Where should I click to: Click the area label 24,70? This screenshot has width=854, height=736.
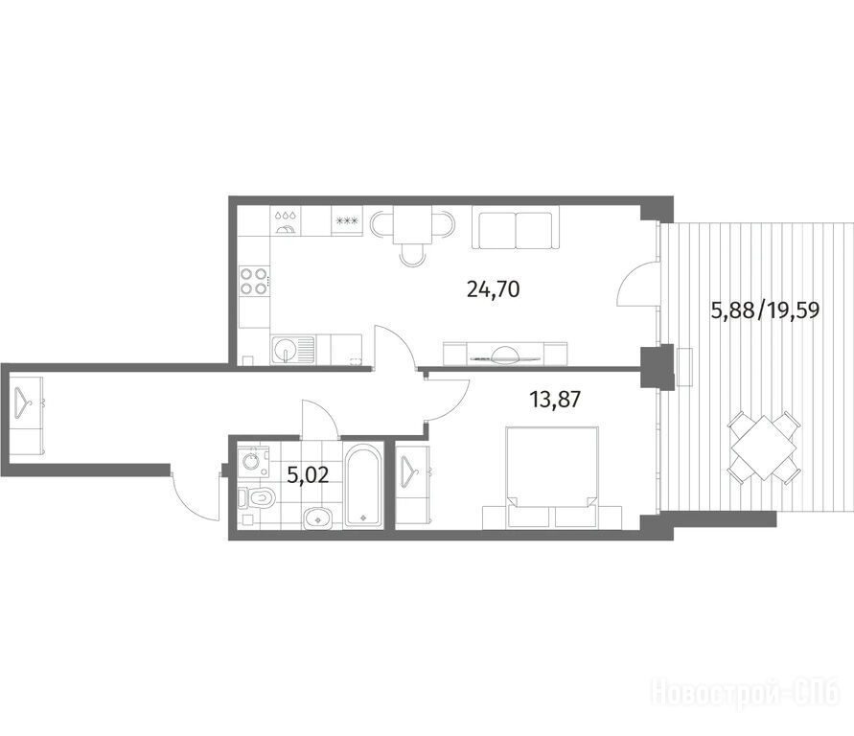click(494, 289)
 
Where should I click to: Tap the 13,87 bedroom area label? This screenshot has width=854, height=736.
click(555, 401)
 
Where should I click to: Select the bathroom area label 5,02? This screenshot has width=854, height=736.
click(309, 475)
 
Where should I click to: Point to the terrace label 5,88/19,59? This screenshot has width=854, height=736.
click(766, 310)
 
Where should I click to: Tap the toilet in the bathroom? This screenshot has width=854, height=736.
click(258, 497)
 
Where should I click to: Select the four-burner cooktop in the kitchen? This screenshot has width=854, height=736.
click(254, 281)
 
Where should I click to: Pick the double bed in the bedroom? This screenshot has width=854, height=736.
click(552, 477)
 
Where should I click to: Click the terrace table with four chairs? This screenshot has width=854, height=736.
click(765, 448)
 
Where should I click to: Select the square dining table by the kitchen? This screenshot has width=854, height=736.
click(412, 224)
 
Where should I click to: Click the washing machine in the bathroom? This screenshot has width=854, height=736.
click(253, 462)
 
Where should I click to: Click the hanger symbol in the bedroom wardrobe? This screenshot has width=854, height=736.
click(412, 471)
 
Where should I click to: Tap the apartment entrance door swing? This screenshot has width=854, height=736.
click(195, 494)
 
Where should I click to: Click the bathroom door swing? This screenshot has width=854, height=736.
click(320, 418)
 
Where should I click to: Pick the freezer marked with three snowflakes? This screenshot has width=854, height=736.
click(346, 221)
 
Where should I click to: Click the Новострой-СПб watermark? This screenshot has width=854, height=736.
click(745, 693)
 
